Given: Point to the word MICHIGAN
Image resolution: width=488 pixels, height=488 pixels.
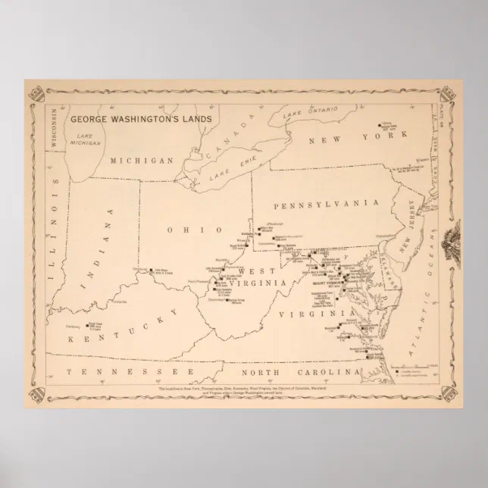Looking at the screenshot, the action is pyautogui.click(x=141, y=161).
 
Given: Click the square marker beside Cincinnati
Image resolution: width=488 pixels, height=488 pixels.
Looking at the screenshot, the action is pyautogui.click(x=152, y=270).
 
